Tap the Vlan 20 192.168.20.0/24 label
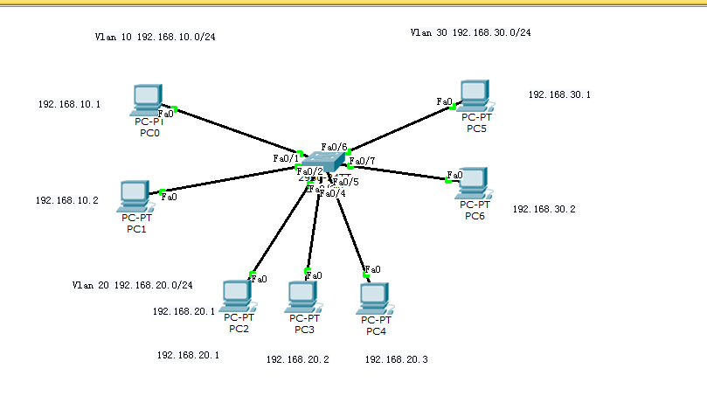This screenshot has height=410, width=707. [x=131, y=285]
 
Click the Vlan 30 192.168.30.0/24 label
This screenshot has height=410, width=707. [x=470, y=32]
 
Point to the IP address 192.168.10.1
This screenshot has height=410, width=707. [x=68, y=104]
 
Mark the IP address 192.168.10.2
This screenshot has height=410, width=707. [x=66, y=200]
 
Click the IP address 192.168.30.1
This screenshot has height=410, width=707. [x=558, y=94]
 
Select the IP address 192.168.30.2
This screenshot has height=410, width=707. [x=543, y=209]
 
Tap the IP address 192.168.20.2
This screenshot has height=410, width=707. [x=297, y=359]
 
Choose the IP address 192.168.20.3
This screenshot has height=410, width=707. [x=396, y=359]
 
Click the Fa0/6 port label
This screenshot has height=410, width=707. [x=334, y=146]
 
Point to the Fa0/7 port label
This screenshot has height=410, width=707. [x=363, y=161]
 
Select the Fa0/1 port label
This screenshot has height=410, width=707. [x=286, y=158]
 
